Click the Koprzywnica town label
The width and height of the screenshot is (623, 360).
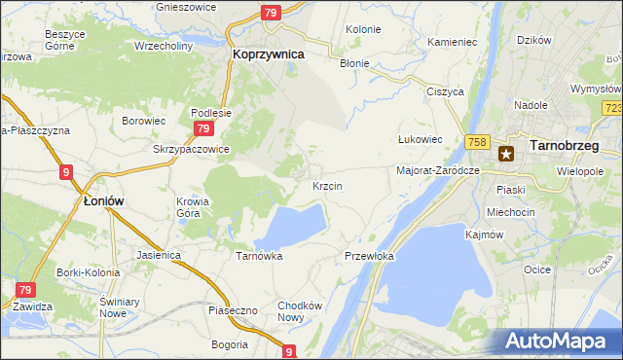coord(268,56)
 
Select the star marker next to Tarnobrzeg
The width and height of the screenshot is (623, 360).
coord(506,153)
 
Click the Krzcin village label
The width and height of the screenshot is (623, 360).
coord(326,185)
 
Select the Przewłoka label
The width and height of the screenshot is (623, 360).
coord(369,256)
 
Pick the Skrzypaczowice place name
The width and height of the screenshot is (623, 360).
coord(191,149)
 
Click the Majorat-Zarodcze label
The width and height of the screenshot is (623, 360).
coord(439,170)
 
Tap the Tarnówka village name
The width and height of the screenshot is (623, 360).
coord(259,256)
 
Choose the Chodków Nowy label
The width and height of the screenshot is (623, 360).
coord(299,311)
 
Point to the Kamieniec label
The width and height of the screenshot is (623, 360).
coord(452,43)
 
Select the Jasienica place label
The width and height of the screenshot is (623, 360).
coord(160,255)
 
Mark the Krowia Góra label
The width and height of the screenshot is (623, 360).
coord(193,208)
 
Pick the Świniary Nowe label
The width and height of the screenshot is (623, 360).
coord(114,308)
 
